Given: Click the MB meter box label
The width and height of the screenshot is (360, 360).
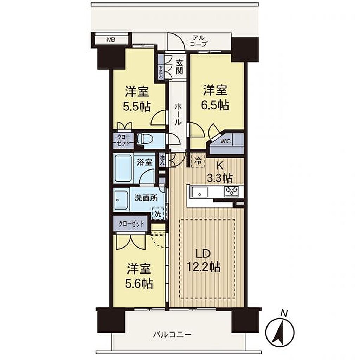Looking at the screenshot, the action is click(x=111, y=40).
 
